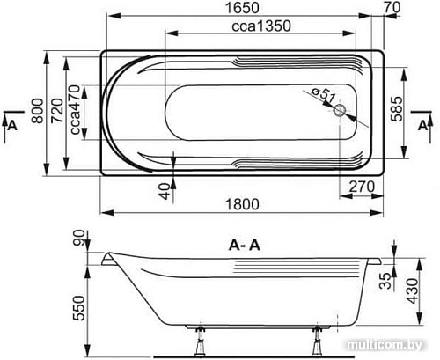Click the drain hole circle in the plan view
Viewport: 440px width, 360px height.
click(x=341, y=112)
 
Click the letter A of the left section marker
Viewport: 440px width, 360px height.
click(x=11, y=126)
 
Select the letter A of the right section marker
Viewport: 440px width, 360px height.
click(x=428, y=126)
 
